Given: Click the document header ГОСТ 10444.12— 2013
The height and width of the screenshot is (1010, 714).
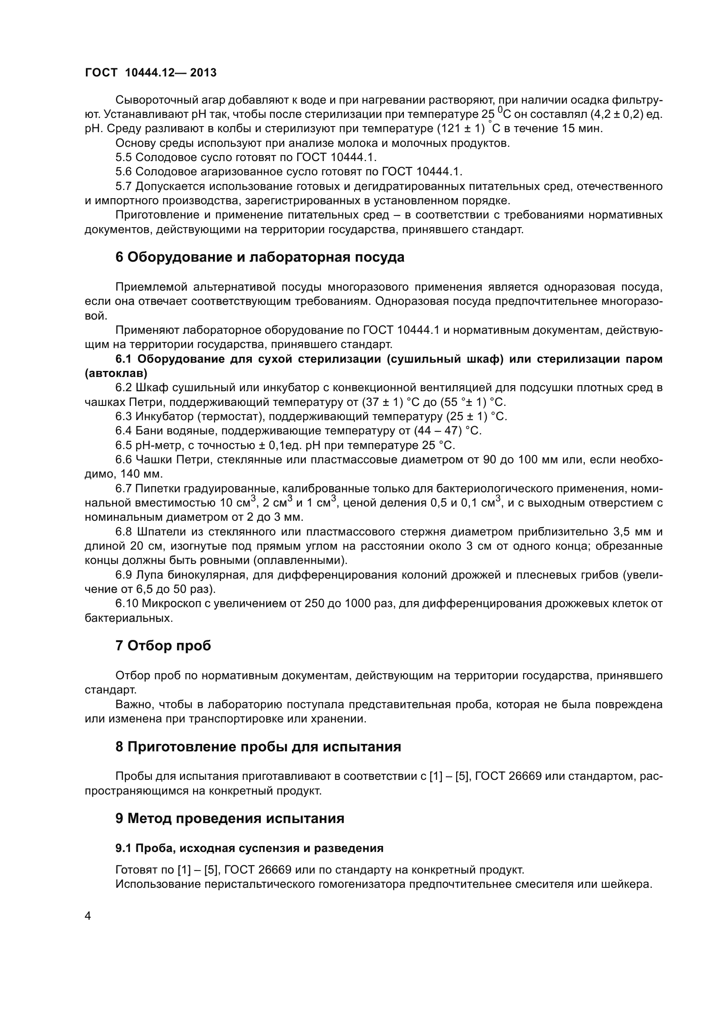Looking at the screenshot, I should coord(150,73).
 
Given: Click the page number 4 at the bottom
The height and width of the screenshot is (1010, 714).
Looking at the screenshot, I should coord(88,916).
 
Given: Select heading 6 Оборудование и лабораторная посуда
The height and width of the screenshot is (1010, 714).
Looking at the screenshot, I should coord(260,257).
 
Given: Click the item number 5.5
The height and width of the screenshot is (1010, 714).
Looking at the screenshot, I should coord(124,158).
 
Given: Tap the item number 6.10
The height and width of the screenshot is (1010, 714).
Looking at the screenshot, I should coord(126,604).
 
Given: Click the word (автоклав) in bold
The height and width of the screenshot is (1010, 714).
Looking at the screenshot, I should coord(116,374).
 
